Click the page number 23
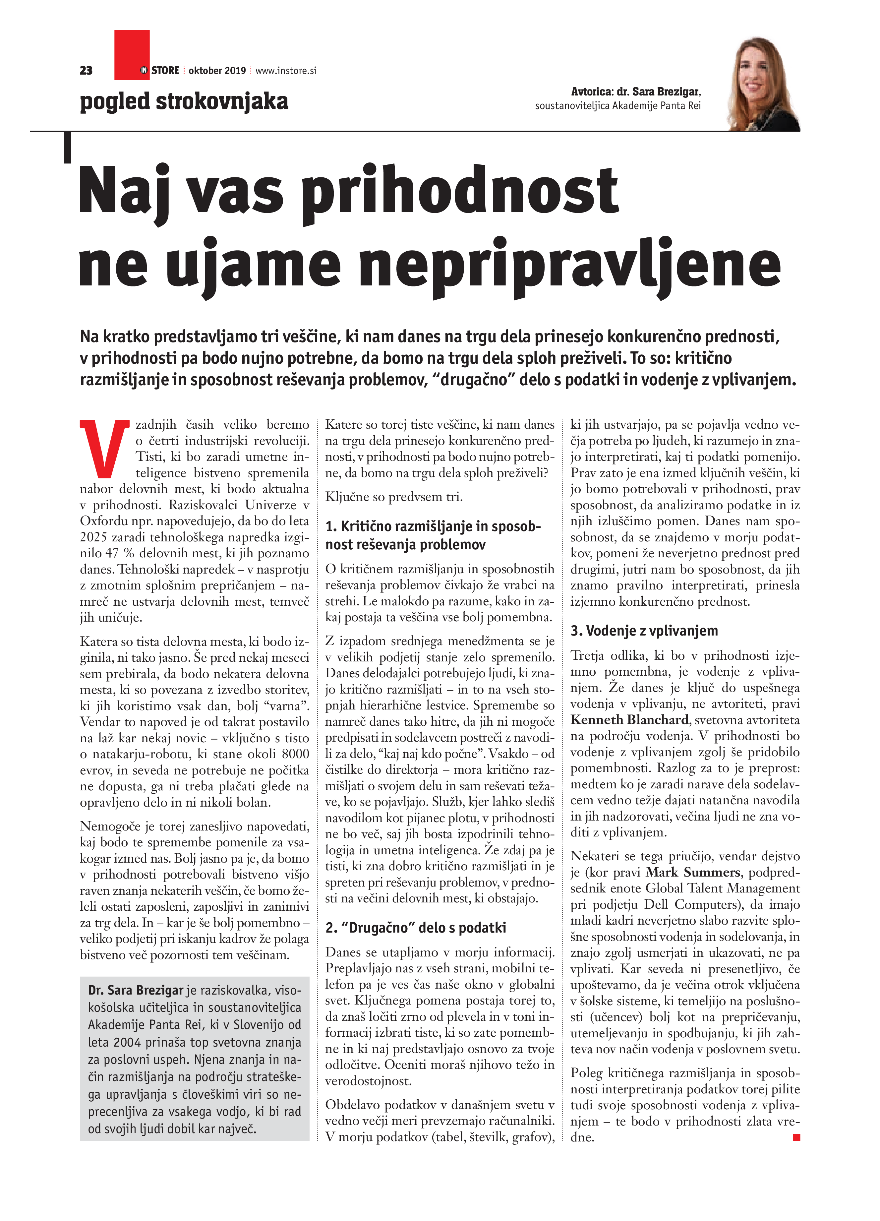click(86, 71)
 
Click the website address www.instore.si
click(285, 71)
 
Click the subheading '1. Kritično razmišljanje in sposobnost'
click(433, 526)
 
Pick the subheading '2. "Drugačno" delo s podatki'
click(416, 928)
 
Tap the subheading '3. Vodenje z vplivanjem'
click(644, 631)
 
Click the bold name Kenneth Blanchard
click(629, 720)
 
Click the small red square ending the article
click(796, 1137)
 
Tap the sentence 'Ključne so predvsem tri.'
click(393, 496)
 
